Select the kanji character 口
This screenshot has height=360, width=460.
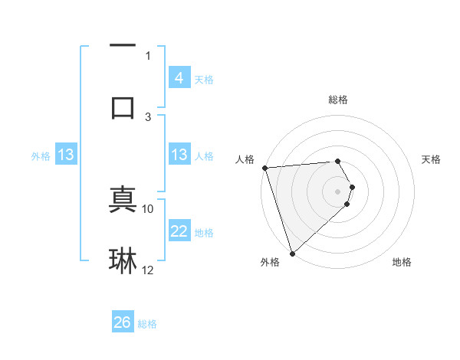click(123, 106)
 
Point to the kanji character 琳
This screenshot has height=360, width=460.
click(123, 261)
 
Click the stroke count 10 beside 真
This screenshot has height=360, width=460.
click(148, 208)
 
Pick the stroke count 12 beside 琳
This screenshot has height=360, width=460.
click(148, 270)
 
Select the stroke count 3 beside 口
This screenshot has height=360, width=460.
click(148, 116)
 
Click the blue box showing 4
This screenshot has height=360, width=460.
click(179, 78)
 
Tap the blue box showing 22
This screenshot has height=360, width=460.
click(179, 231)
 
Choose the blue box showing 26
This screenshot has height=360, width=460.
click(122, 323)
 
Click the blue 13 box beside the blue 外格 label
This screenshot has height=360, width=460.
click(66, 155)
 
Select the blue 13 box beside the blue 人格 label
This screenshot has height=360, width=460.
click(179, 155)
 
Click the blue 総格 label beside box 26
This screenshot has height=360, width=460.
click(147, 324)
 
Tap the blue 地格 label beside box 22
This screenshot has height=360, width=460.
click(204, 232)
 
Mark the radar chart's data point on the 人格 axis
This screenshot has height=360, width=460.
click(264, 168)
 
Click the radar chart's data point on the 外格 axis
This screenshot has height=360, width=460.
click(292, 253)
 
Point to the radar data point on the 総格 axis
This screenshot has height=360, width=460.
click(337, 161)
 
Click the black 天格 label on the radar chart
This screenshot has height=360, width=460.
click(432, 159)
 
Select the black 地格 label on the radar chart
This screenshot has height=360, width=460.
click(402, 262)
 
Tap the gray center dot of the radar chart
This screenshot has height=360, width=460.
click(337, 191)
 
